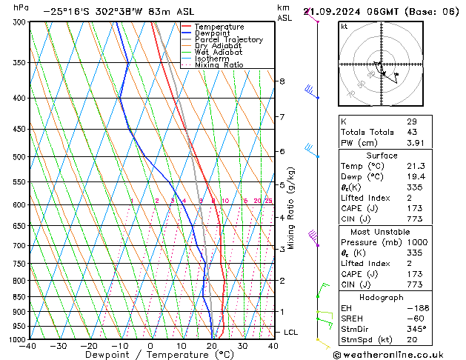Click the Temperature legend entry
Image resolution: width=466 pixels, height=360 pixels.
point(219,27)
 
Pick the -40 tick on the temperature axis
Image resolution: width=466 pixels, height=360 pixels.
point(28,346)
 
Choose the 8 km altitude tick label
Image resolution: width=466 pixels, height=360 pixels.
point(282,81)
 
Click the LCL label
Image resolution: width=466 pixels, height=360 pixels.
point(290,333)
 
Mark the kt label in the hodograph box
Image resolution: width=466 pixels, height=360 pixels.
point(344,26)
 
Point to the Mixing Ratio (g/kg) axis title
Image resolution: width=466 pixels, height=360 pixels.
point(291,208)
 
